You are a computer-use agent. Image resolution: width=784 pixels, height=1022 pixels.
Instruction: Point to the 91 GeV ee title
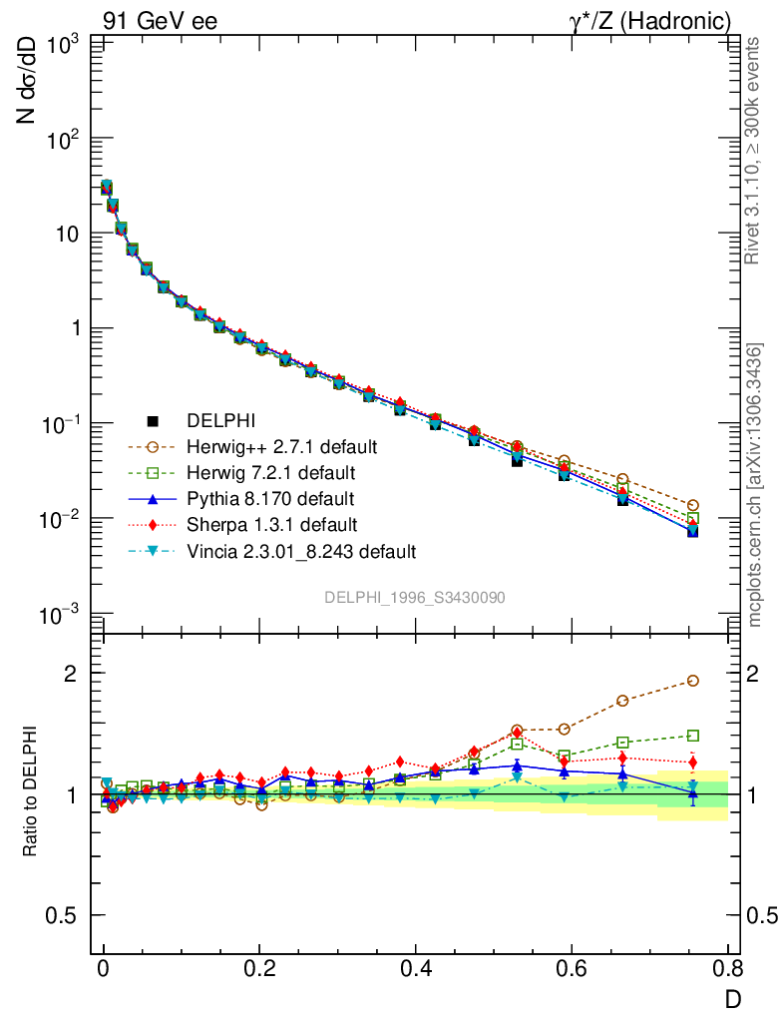point(160,20)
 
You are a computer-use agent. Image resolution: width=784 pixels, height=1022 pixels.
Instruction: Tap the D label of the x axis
point(732,998)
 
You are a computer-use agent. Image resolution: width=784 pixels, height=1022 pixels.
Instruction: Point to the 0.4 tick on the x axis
point(416,968)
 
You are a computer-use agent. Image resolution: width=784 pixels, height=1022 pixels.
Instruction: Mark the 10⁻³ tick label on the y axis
point(62,615)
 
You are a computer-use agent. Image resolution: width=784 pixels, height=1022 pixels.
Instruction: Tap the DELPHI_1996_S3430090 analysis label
point(414,597)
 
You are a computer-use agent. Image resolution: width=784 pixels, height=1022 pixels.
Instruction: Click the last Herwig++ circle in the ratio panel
point(692,681)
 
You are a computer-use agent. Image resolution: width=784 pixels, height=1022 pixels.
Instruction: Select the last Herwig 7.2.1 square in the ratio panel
point(692,736)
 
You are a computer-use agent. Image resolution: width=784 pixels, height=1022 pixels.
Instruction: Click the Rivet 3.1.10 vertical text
point(753,150)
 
